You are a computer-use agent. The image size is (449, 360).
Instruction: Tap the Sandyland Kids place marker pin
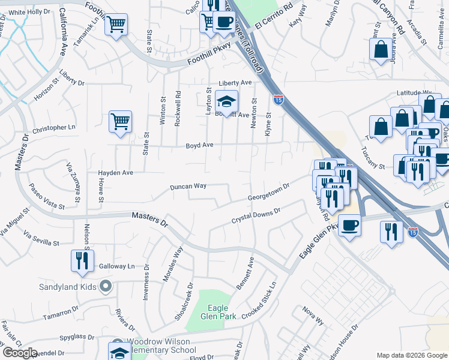(106, 286)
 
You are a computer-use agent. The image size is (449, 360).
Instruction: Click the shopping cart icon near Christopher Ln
(120, 121)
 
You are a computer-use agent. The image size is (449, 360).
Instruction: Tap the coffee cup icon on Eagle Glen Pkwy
(349, 225)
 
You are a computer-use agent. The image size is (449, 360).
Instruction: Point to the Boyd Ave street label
(200, 145)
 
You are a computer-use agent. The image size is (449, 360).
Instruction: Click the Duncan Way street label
(188, 187)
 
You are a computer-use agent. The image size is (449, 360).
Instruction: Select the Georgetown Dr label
(269, 193)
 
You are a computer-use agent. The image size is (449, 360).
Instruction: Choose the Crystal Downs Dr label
(256, 217)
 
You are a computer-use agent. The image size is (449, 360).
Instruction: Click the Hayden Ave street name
(115, 173)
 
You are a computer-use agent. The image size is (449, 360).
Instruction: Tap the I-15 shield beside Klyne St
(279, 99)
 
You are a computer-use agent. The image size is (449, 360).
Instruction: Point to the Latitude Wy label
(414, 93)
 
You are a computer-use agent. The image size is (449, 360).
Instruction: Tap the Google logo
(20, 353)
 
